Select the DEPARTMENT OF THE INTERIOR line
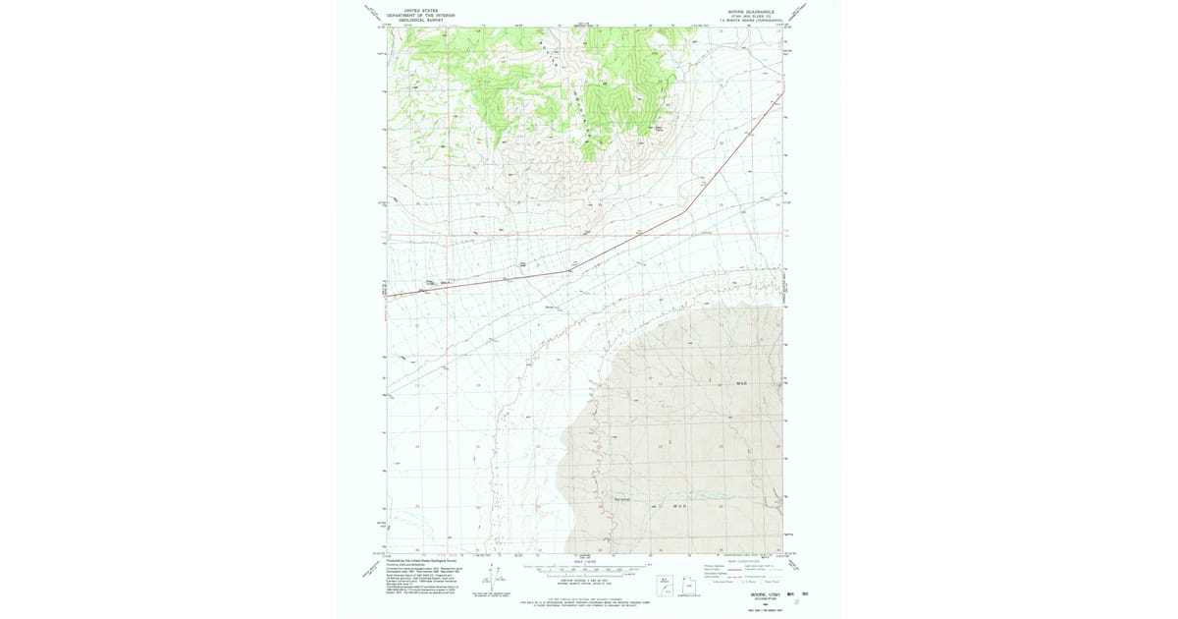[x=420, y=16]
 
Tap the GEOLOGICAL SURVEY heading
[x=413, y=21]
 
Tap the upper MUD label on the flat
[x=742, y=383]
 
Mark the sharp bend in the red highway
[x=684, y=209]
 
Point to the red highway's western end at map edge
[x=386, y=295]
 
